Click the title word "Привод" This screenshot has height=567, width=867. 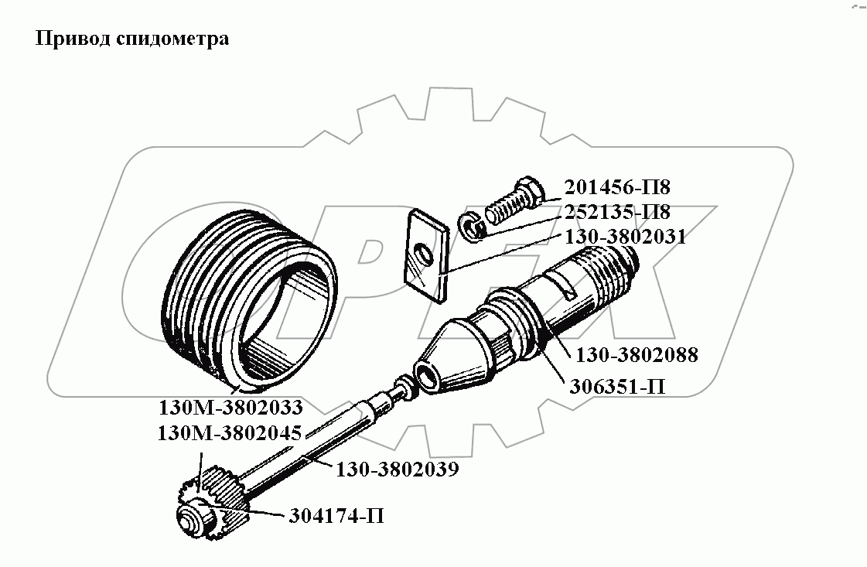pyautogui.click(x=67, y=39)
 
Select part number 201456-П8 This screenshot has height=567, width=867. pyautogui.click(x=616, y=188)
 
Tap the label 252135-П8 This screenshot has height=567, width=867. pyautogui.click(x=616, y=212)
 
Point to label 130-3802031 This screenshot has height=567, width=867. pyautogui.click(x=625, y=237)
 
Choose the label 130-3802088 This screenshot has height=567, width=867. pyautogui.click(x=636, y=355)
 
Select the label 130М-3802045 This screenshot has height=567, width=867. pyautogui.click(x=229, y=433)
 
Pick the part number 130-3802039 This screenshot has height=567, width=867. pyautogui.click(x=397, y=469)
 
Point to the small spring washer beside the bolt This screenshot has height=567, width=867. pyautogui.click(x=473, y=225)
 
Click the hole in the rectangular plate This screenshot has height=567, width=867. pyautogui.click(x=421, y=253)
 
